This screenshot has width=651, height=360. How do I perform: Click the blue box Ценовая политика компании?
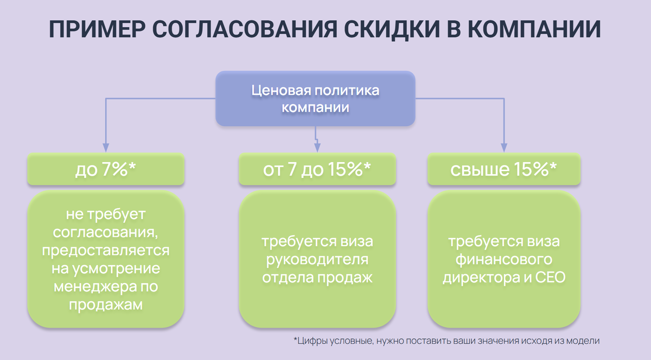click(x=315, y=99)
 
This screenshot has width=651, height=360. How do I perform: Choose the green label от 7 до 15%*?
click(x=317, y=170)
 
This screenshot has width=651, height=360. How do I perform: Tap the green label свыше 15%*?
click(x=503, y=170)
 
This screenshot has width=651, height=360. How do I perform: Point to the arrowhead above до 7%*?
click(x=106, y=147)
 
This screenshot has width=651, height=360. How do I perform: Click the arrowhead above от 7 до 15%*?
click(x=318, y=147)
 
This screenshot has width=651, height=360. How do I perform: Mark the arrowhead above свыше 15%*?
click(x=503, y=147)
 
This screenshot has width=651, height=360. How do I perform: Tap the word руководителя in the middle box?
click(x=317, y=259)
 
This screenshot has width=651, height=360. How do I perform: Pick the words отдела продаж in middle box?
click(x=317, y=278)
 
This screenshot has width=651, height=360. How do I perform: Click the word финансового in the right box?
click(x=503, y=259)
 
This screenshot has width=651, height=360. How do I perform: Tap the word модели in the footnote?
click(x=586, y=341)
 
